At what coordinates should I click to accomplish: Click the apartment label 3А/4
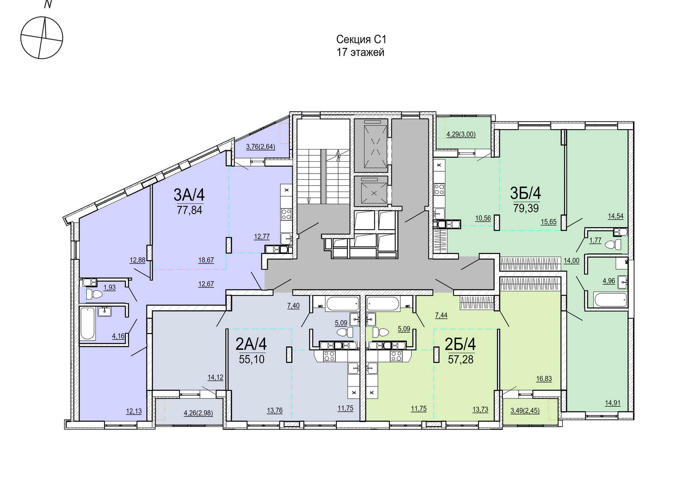point(189,194)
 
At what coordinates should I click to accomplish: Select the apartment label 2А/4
point(251,345)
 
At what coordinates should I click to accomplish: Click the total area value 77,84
point(189,210)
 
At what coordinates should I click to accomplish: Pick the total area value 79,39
point(526,208)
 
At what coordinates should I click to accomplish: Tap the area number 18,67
point(206,260)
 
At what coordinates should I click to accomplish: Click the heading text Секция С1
point(361,39)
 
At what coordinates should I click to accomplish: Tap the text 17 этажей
point(360,52)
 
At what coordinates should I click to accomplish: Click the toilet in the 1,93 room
point(94,295)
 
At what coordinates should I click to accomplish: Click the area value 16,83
point(544,379)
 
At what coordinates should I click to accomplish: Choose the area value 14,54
point(616,216)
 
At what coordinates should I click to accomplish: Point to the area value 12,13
point(134,411)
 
